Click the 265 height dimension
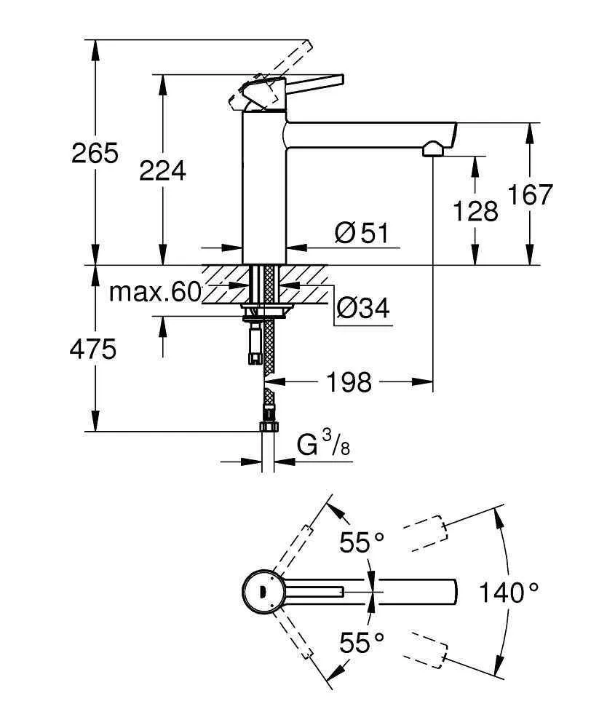(95, 154)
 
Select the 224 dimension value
(162, 170)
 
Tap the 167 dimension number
(531, 195)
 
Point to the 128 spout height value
(475, 211)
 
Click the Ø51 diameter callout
(362, 234)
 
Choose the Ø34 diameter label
(362, 309)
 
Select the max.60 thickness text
(154, 293)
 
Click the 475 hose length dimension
(92, 349)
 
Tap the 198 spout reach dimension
(349, 381)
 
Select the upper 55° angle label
(362, 542)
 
